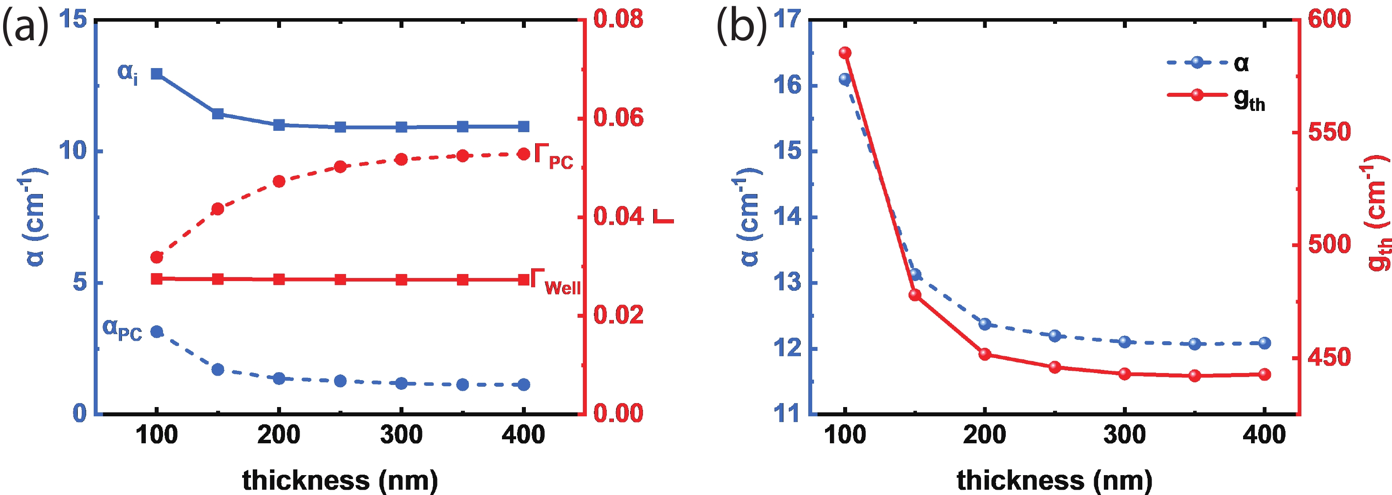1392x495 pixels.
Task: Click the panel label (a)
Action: click(x=25, y=27)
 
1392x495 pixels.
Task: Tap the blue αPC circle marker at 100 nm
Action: click(x=157, y=331)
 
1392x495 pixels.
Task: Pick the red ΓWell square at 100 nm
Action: click(x=157, y=279)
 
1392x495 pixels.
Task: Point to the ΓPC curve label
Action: click(x=553, y=157)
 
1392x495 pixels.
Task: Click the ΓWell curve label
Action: click(x=555, y=282)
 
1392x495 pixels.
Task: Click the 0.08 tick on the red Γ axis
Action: click(x=619, y=19)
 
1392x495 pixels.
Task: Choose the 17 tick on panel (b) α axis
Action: click(x=786, y=19)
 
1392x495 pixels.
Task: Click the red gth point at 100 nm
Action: click(x=845, y=53)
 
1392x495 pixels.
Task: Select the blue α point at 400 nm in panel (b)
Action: click(x=1264, y=343)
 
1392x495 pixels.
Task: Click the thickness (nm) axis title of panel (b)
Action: click(x=1054, y=480)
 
